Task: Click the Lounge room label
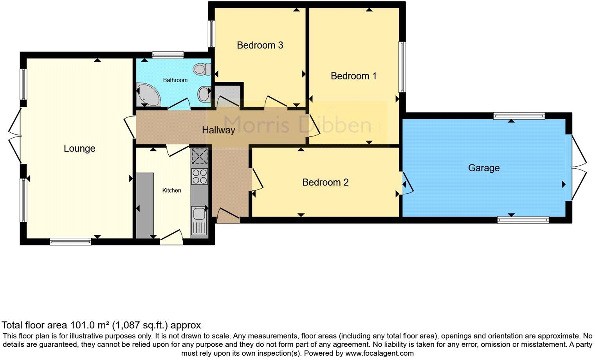coord(79,149)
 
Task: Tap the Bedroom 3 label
coord(260,45)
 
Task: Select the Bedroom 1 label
coord(353,76)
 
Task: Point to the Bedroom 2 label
coord(325,182)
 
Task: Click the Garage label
coord(484,168)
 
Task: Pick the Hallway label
coord(218,130)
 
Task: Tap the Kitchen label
coord(172,191)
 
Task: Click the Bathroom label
coord(175,80)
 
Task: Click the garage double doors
coord(579,167)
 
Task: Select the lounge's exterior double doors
coord(15,136)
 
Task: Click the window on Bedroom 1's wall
coord(402,67)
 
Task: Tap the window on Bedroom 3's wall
coord(211,34)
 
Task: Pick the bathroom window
coord(168,55)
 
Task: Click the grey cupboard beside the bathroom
coord(227,95)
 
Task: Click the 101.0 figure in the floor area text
coord(80,325)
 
